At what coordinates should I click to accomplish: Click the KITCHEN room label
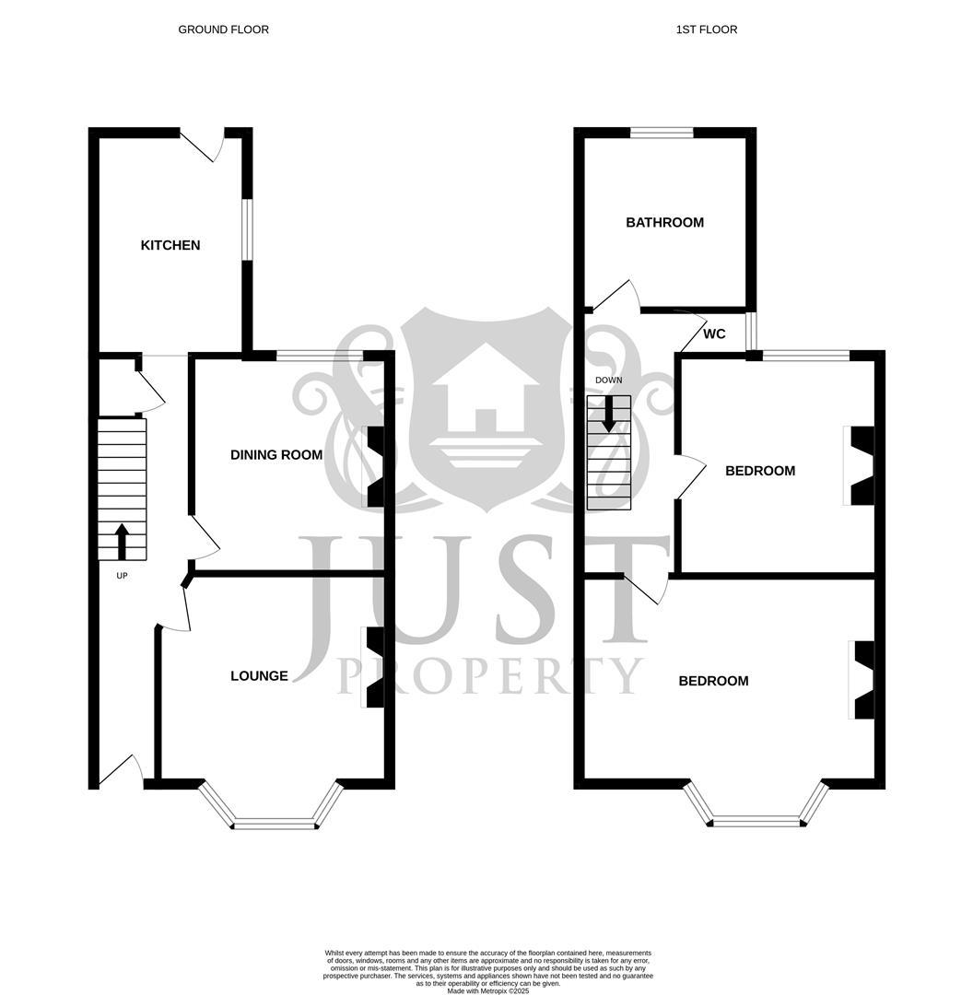[170, 245]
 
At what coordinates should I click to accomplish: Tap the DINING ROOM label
[276, 454]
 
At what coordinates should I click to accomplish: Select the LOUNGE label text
[259, 675]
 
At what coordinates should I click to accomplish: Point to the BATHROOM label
[664, 222]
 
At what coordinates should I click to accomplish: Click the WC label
[714, 334]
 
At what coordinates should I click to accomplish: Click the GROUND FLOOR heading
[223, 29]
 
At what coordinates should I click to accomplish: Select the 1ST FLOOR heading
[706, 29]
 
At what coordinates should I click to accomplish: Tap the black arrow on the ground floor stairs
[122, 542]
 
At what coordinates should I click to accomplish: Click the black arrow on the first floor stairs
[608, 414]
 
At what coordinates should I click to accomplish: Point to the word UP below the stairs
[122, 576]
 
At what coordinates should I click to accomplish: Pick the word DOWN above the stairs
[608, 380]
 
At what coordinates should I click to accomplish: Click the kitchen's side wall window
[247, 229]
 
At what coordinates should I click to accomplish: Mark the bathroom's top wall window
[662, 133]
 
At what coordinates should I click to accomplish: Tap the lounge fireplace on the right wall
[374, 667]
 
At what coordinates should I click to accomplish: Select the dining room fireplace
[375, 466]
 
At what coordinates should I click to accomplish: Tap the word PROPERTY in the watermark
[490, 676]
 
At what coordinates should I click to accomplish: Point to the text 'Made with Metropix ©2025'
[487, 990]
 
